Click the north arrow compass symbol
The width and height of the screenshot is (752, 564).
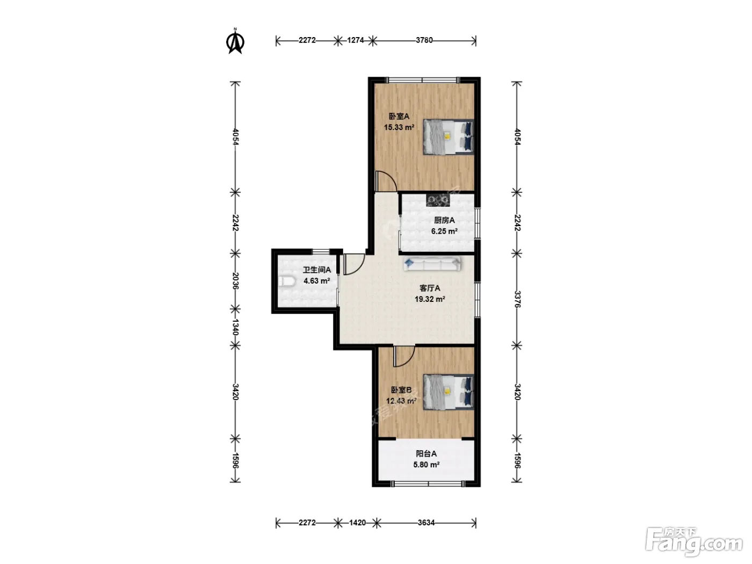pyautogui.click(x=235, y=42)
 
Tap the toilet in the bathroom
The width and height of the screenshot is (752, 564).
pyautogui.click(x=286, y=281)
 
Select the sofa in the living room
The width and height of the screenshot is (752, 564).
pyautogui.click(x=432, y=264)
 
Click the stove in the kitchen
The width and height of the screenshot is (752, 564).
pyautogui.click(x=437, y=200)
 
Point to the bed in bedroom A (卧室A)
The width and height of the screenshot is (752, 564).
pyautogui.click(x=449, y=137)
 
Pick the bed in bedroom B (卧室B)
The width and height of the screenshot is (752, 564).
pyautogui.click(x=449, y=392)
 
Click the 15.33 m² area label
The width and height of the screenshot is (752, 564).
pyautogui.click(x=399, y=127)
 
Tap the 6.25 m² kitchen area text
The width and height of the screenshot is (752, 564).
pyautogui.click(x=444, y=231)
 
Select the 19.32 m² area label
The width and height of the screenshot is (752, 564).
pyautogui.click(x=430, y=299)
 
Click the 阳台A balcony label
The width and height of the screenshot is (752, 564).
pyautogui.click(x=426, y=454)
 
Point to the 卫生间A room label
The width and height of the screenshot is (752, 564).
pyautogui.click(x=316, y=270)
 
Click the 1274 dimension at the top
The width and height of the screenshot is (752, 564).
pyautogui.click(x=355, y=40)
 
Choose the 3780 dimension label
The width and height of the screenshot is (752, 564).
pyautogui.click(x=424, y=40)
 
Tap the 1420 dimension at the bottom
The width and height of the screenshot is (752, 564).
pyautogui.click(x=357, y=523)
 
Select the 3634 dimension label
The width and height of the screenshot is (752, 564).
pyautogui.click(x=426, y=523)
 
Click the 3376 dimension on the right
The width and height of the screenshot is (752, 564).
pyautogui.click(x=517, y=299)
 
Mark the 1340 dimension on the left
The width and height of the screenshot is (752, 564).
pyautogui.click(x=235, y=327)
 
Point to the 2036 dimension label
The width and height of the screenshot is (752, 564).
pyautogui.click(x=235, y=281)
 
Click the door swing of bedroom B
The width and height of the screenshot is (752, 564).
pyautogui.click(x=404, y=357)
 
